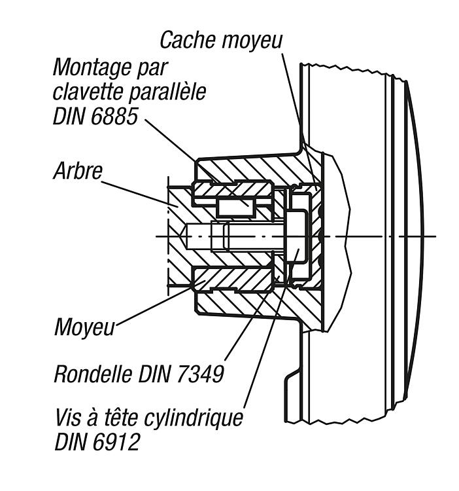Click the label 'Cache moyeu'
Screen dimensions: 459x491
(x=221, y=40)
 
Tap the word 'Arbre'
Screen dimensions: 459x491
(x=78, y=171)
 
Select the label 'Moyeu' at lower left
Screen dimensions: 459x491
(x=84, y=327)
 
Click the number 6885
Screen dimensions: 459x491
(x=115, y=116)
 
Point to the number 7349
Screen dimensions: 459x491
(x=201, y=374)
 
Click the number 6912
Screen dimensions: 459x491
(x=116, y=442)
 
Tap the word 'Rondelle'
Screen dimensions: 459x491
(x=93, y=374)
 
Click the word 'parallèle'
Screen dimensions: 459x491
(x=167, y=92)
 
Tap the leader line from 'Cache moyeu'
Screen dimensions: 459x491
(x=300, y=122)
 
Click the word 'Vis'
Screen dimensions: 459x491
(x=69, y=418)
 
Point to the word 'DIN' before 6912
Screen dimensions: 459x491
(x=72, y=442)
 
